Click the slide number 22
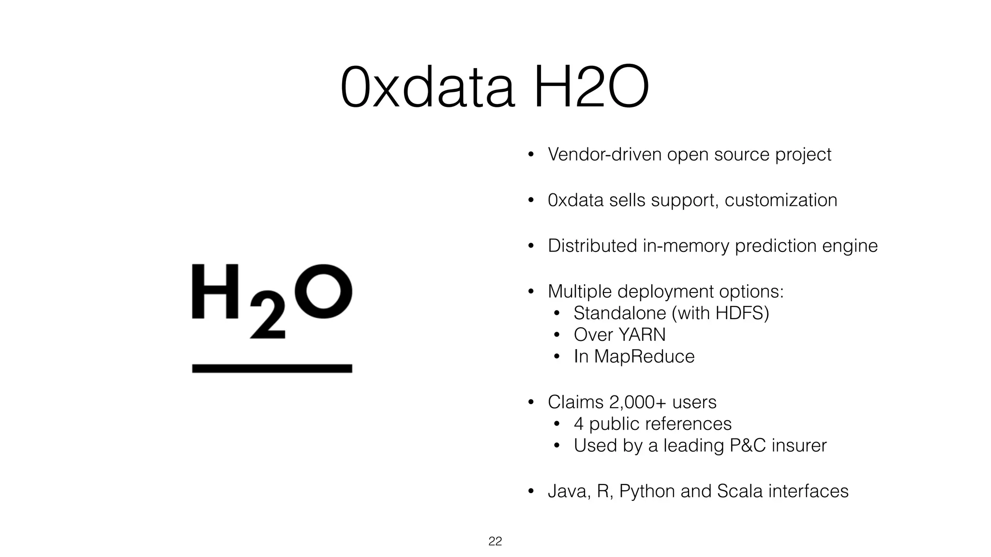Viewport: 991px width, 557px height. (x=495, y=541)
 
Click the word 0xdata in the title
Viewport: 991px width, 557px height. (x=427, y=87)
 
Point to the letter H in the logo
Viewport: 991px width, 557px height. (x=215, y=292)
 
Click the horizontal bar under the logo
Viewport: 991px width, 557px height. (x=272, y=368)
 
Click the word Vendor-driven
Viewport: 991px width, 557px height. (x=604, y=154)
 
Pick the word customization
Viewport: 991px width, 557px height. (x=781, y=200)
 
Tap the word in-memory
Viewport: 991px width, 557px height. (x=686, y=246)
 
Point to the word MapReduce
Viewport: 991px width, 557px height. (x=644, y=356)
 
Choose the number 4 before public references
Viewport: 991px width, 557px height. (x=579, y=424)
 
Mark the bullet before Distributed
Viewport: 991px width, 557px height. (x=530, y=246)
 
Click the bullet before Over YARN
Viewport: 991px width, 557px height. (x=556, y=335)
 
